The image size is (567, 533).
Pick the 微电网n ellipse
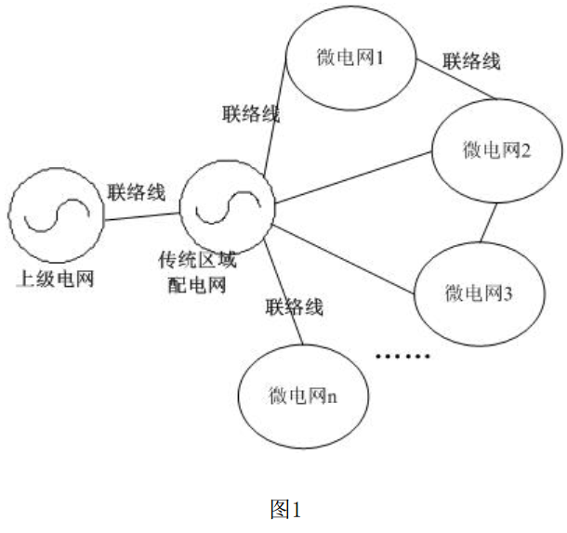tap(303, 396)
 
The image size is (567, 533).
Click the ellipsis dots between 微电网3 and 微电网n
tap(402, 356)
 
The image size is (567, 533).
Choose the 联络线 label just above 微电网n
tap(294, 307)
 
